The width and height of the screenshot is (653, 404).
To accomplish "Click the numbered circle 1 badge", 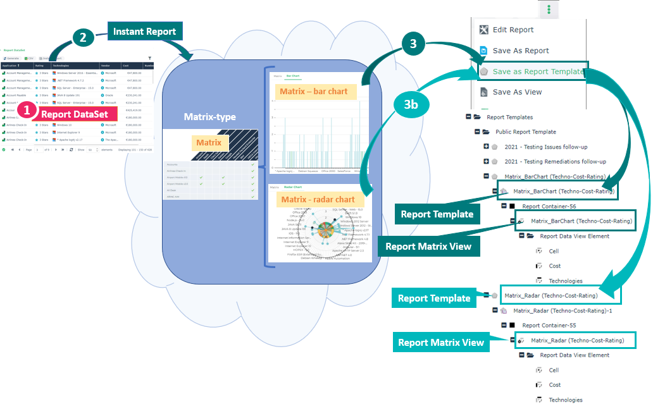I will point(27,110).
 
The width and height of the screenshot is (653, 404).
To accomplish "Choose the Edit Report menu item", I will point(513,30).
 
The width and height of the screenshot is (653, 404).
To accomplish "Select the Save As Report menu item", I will point(521,51).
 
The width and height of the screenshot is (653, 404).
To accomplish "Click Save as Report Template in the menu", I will point(538,71).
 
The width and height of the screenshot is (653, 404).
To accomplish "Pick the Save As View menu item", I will point(517,92).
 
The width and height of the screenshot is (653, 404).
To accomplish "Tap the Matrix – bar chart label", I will point(314,92).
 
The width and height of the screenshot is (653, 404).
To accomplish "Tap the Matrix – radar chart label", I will point(318,200).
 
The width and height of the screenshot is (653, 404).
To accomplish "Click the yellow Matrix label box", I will point(209,142).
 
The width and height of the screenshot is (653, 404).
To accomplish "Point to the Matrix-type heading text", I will point(209,116).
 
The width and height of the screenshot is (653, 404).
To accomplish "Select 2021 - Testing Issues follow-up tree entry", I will point(550,147).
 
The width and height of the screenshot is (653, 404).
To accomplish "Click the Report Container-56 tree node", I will point(549,206).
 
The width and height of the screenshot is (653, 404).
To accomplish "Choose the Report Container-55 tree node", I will point(549,326).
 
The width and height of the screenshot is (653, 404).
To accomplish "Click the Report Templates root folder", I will point(509,117).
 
